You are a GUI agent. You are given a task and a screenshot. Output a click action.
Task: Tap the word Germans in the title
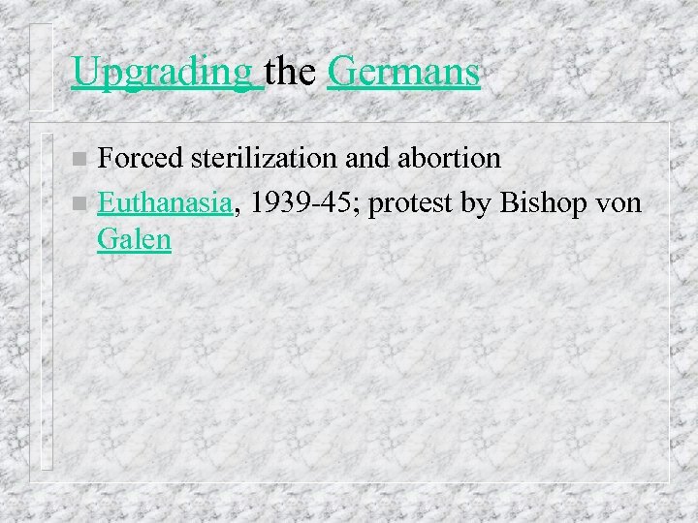[x=403, y=71]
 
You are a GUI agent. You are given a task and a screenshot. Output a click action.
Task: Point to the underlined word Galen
[x=134, y=239]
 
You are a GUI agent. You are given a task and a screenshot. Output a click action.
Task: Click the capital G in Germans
[x=340, y=71]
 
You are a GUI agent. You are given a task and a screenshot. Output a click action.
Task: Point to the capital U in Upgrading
[x=84, y=71]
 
